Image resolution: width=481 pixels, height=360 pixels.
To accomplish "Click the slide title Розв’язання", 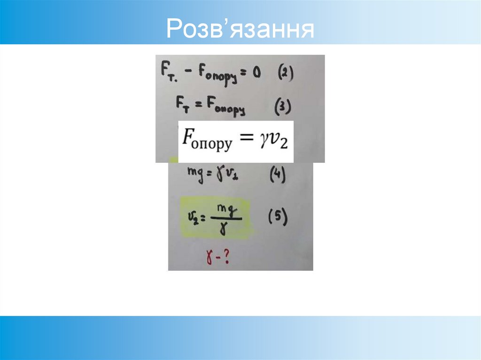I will (240, 29).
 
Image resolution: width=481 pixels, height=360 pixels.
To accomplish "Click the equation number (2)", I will (285, 75).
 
